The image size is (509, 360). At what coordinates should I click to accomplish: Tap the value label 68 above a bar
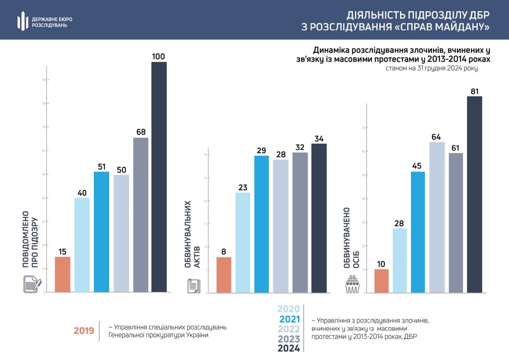(141, 132)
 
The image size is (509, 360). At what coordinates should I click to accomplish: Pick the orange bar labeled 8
(224, 275)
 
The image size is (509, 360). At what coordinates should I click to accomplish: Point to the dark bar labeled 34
(319, 218)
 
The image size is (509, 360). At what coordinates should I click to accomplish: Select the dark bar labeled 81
(475, 195)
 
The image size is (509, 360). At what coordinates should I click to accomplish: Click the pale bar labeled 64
(437, 217)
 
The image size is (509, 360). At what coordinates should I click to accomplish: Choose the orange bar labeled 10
(381, 281)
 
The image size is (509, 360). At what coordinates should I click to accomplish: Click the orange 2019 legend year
(84, 331)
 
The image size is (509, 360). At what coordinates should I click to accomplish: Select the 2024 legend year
(289, 349)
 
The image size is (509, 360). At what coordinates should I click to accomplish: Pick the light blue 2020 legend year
(289, 309)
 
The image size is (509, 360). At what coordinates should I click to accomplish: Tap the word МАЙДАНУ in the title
(459, 27)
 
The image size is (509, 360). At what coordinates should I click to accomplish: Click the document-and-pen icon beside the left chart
(32, 284)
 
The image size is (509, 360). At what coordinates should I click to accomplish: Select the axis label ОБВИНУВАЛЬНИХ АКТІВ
(192, 234)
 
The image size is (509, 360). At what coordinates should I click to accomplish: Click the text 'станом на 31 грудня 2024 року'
(432, 68)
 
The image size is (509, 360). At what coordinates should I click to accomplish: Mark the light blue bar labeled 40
(82, 245)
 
